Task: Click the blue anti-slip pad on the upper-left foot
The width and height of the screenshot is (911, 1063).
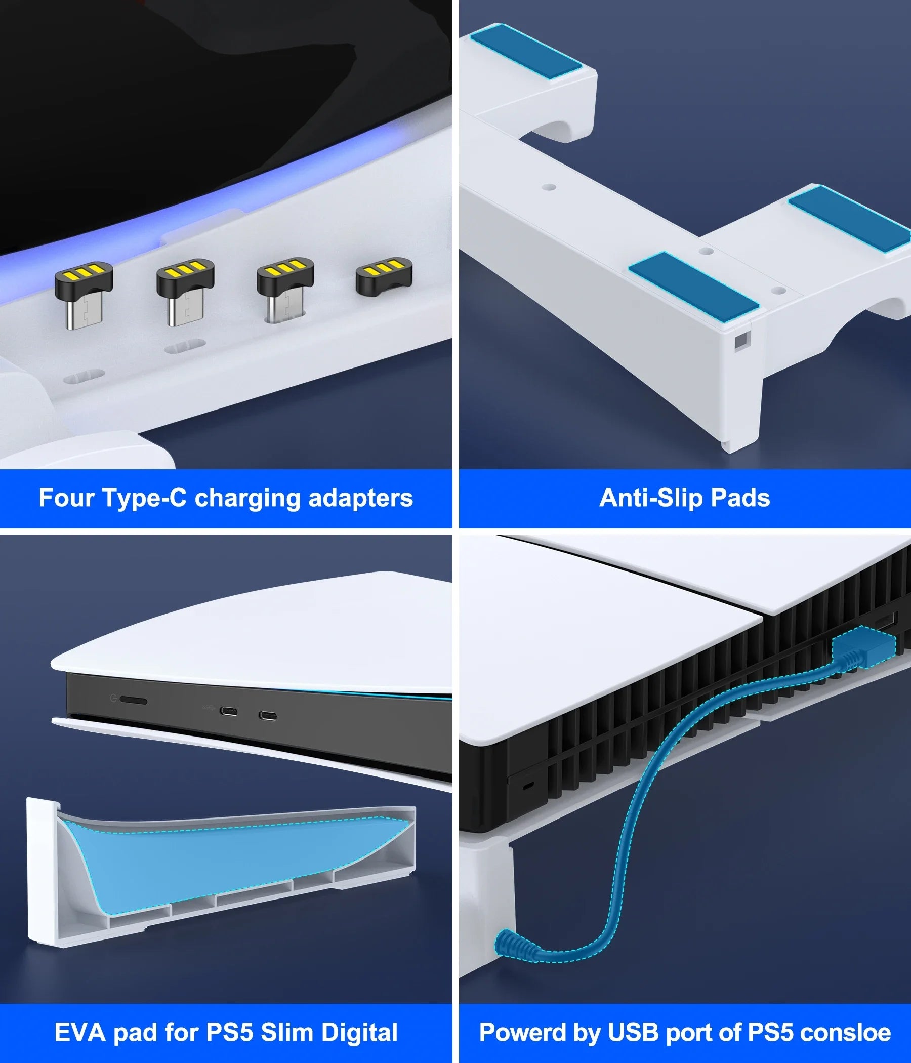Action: (x=526, y=53)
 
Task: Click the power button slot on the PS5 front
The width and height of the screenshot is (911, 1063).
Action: (x=134, y=701)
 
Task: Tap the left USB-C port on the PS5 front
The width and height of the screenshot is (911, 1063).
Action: (x=229, y=712)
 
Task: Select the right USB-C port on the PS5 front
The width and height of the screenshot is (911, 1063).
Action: (x=268, y=716)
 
